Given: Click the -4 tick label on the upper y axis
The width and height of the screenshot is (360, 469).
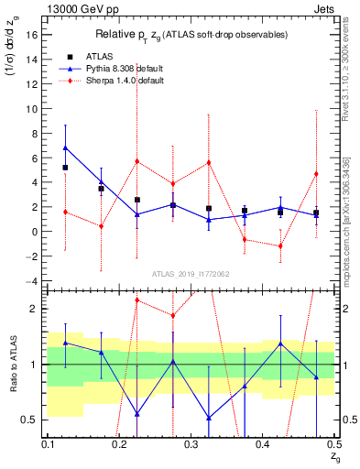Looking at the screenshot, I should pyautogui.click(x=32, y=281).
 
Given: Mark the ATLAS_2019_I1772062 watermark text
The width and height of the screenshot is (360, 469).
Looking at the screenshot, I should pyautogui.click(x=191, y=273).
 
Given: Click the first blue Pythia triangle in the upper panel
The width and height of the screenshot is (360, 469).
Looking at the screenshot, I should pyautogui.click(x=65, y=147).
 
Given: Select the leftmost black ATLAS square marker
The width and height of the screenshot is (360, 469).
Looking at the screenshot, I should pyautogui.click(x=65, y=168).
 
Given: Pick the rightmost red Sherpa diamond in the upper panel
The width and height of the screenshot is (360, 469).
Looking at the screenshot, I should pyautogui.click(x=316, y=173).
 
